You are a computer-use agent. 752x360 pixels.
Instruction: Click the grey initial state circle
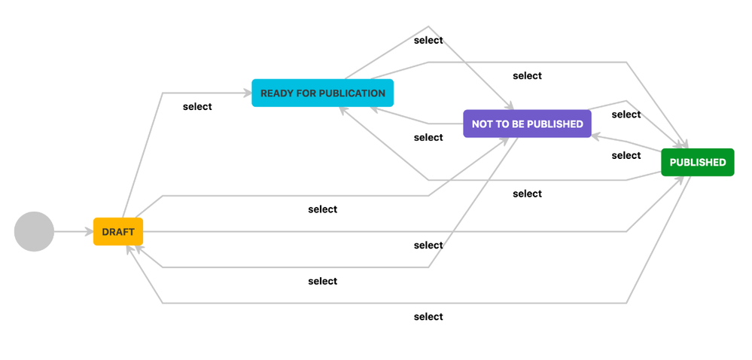coord(34,231)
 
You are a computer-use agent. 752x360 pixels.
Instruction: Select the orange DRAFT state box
coord(118,232)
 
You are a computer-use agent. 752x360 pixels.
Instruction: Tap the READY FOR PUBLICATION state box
coord(322,93)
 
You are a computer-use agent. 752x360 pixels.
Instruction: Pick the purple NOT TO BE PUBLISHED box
coord(527,124)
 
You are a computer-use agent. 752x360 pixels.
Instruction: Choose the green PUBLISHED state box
coord(697,163)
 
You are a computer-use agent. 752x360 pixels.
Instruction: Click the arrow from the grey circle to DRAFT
coord(73,232)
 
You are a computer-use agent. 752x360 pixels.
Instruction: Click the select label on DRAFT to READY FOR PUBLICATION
coord(197,107)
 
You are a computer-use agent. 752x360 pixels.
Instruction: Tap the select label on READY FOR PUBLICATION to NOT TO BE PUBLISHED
coord(428,41)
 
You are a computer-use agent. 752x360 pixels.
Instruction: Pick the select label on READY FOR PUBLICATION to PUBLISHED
coord(527,76)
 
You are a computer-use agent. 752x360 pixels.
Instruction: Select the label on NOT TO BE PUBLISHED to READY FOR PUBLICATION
coord(428,138)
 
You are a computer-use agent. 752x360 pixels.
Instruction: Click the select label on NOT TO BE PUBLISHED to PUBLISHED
coord(626,115)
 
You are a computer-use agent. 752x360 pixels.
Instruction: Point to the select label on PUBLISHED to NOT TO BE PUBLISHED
coord(626,156)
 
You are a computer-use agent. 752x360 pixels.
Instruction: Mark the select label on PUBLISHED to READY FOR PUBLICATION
coord(527,194)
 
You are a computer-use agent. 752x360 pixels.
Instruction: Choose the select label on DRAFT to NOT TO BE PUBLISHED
coord(322,209)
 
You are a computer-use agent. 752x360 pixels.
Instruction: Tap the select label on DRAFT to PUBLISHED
coord(428,246)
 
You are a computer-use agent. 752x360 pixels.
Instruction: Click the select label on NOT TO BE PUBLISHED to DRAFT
coord(322,282)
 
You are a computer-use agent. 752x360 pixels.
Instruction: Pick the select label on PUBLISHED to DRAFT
coord(428,317)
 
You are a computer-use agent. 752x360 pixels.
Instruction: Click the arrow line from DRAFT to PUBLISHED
coord(376,232)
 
